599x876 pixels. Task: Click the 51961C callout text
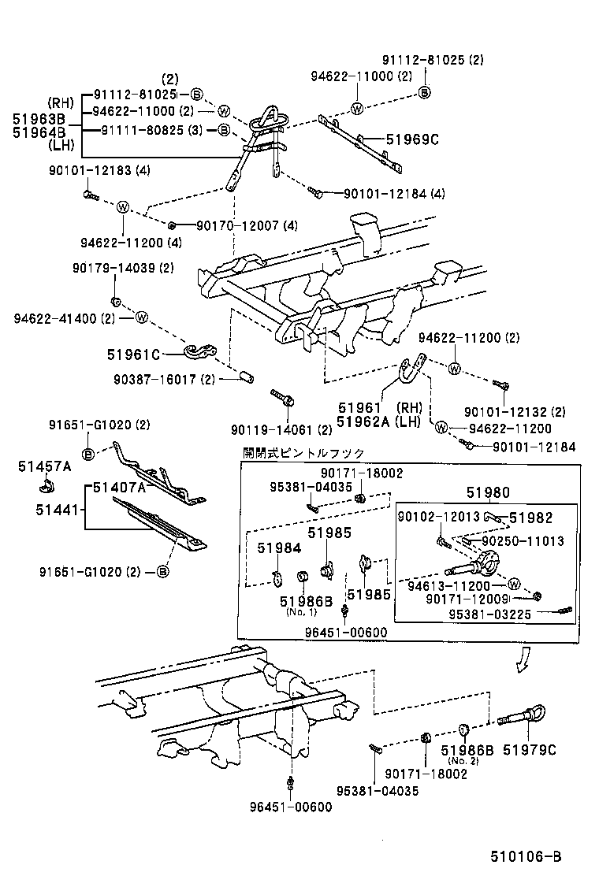[x=133, y=354]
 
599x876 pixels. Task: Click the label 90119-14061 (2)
[x=281, y=429]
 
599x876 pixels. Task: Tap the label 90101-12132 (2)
[x=515, y=411]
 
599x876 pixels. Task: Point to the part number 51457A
[x=44, y=466]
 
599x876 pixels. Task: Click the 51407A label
[x=119, y=488]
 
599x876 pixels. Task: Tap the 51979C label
[x=529, y=750]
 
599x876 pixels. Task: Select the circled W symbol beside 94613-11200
[x=512, y=585]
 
